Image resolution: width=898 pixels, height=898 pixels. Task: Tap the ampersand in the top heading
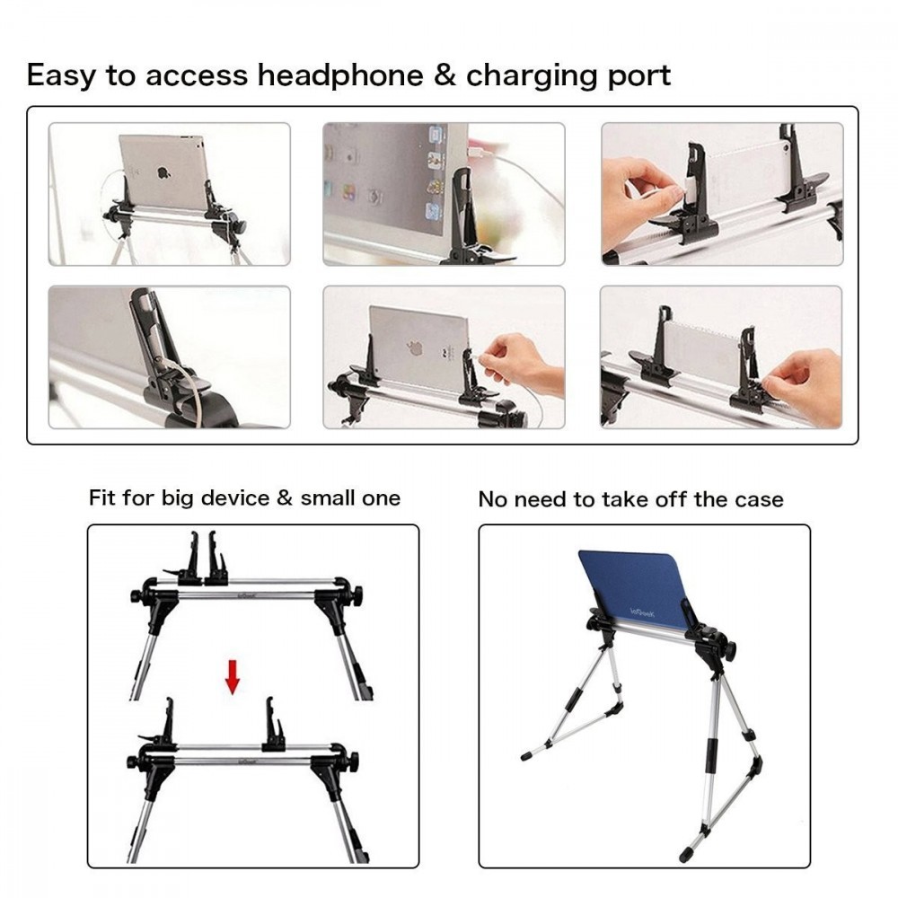click(445, 75)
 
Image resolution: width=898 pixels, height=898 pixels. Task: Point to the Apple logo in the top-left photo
click(164, 172)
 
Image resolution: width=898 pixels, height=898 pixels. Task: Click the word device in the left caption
click(237, 498)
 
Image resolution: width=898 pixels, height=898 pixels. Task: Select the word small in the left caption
click(328, 498)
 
